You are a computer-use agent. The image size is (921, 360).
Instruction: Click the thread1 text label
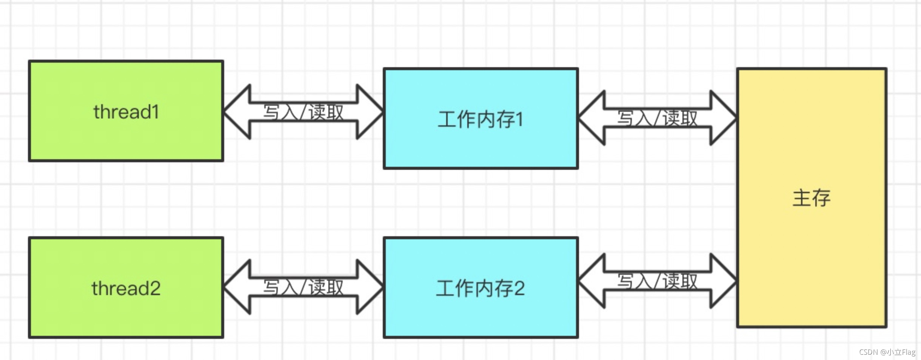click(126, 112)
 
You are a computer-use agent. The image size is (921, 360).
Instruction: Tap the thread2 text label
click(126, 289)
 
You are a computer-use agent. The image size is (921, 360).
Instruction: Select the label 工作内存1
click(481, 120)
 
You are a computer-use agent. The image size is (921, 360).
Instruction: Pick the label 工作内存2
click(481, 289)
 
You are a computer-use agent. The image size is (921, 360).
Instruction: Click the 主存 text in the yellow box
click(812, 198)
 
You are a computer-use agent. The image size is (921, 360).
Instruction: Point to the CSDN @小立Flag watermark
click(887, 352)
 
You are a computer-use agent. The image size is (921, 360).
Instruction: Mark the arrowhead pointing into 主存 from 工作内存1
click(722, 118)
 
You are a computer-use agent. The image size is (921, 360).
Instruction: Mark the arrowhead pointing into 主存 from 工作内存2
click(722, 281)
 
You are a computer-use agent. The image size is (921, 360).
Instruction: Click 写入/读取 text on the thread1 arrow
click(303, 112)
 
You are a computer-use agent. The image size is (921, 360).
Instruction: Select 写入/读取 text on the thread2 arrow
click(303, 287)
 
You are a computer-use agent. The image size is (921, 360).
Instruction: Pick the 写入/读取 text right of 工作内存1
click(658, 118)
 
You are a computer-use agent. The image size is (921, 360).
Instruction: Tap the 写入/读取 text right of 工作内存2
click(658, 281)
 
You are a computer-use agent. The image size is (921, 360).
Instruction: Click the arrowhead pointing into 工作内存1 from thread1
click(369, 112)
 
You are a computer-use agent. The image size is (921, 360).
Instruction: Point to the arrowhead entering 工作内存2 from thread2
click(369, 287)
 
